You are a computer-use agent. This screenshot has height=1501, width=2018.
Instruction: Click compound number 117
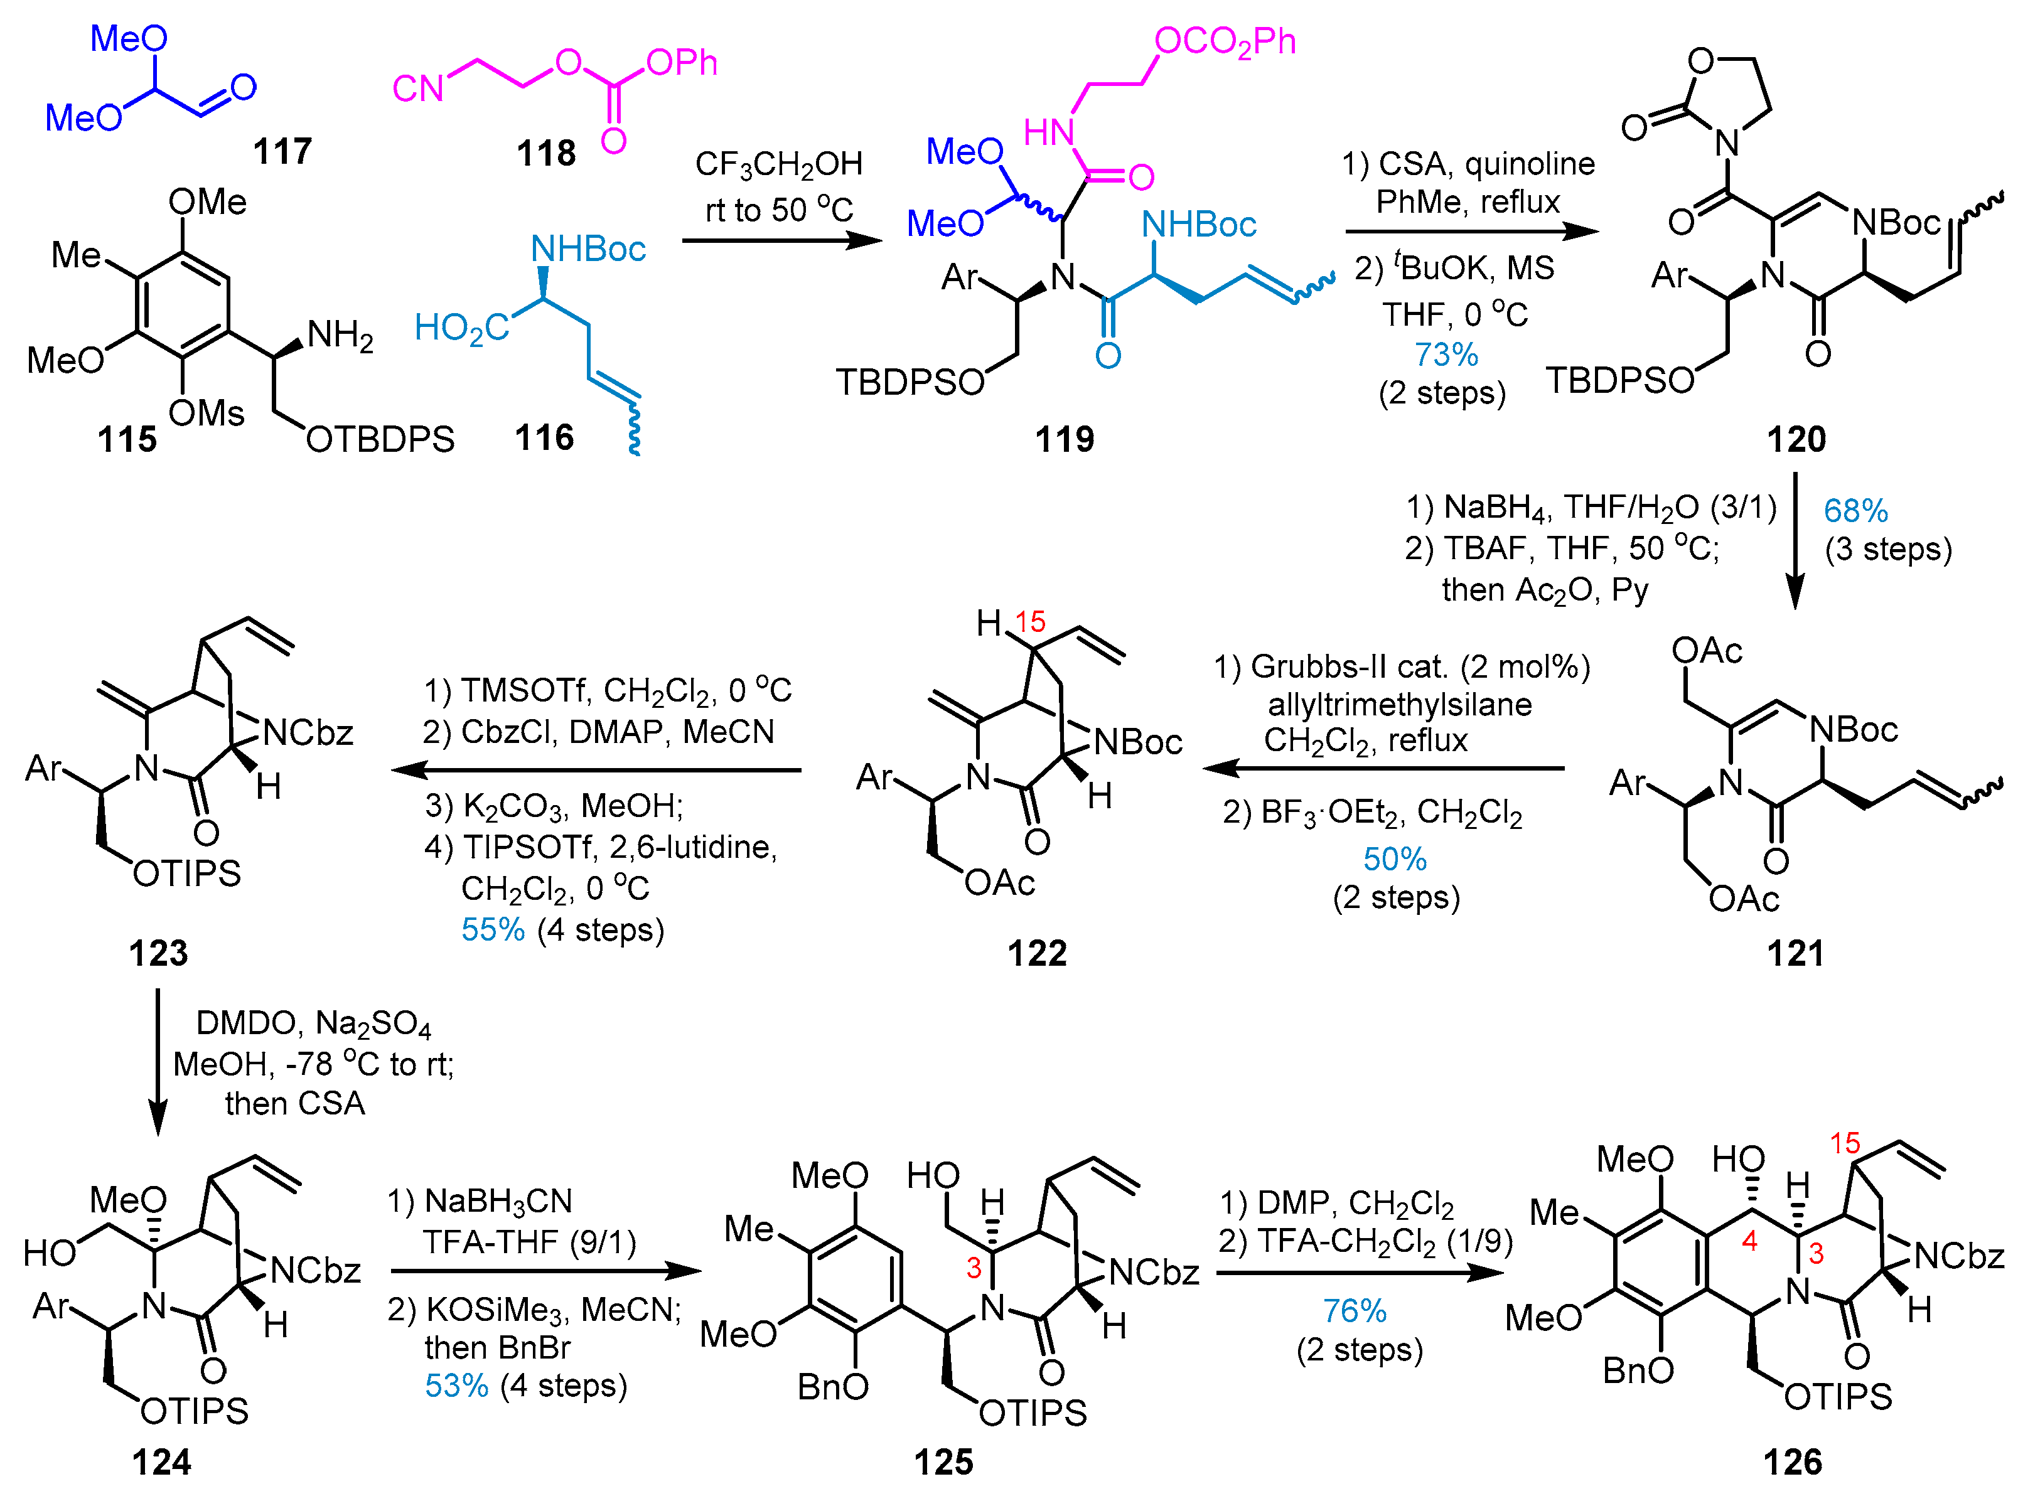(x=282, y=151)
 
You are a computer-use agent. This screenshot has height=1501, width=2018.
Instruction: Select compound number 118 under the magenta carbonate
(x=546, y=152)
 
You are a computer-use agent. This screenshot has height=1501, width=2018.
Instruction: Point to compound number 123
(x=158, y=953)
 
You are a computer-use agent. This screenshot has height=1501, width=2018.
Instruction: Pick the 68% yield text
(x=1855, y=511)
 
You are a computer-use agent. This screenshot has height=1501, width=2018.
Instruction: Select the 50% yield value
(x=1395, y=858)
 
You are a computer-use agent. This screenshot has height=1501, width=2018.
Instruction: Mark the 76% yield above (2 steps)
(x=1354, y=1311)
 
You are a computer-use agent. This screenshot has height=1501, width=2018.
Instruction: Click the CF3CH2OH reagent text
(x=779, y=164)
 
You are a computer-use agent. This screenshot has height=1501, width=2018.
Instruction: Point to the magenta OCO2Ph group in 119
(x=1224, y=42)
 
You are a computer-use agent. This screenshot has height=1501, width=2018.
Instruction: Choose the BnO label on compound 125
(x=832, y=1387)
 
